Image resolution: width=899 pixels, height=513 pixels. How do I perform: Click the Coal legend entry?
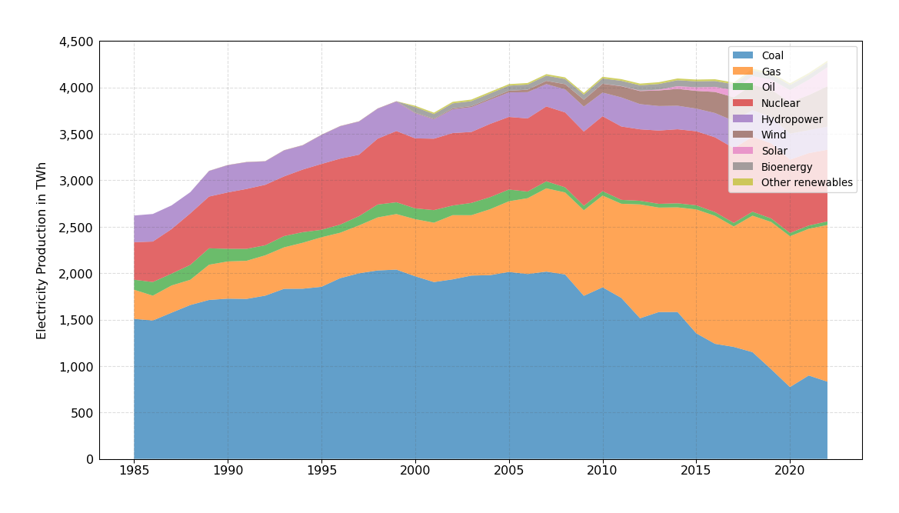772,55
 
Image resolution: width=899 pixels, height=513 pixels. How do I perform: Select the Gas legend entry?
771,72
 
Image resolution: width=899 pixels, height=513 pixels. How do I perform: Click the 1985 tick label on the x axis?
134,470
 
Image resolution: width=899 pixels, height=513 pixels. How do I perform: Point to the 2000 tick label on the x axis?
415,470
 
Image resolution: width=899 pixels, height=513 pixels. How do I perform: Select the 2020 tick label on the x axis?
790,470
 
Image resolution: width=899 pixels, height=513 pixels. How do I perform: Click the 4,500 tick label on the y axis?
76,42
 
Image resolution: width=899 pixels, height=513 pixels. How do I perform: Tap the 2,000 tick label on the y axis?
76,274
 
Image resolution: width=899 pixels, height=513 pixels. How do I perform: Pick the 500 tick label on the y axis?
82,413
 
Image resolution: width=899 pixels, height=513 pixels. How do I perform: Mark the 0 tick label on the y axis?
89,459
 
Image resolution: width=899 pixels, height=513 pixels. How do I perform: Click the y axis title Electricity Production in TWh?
42,250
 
